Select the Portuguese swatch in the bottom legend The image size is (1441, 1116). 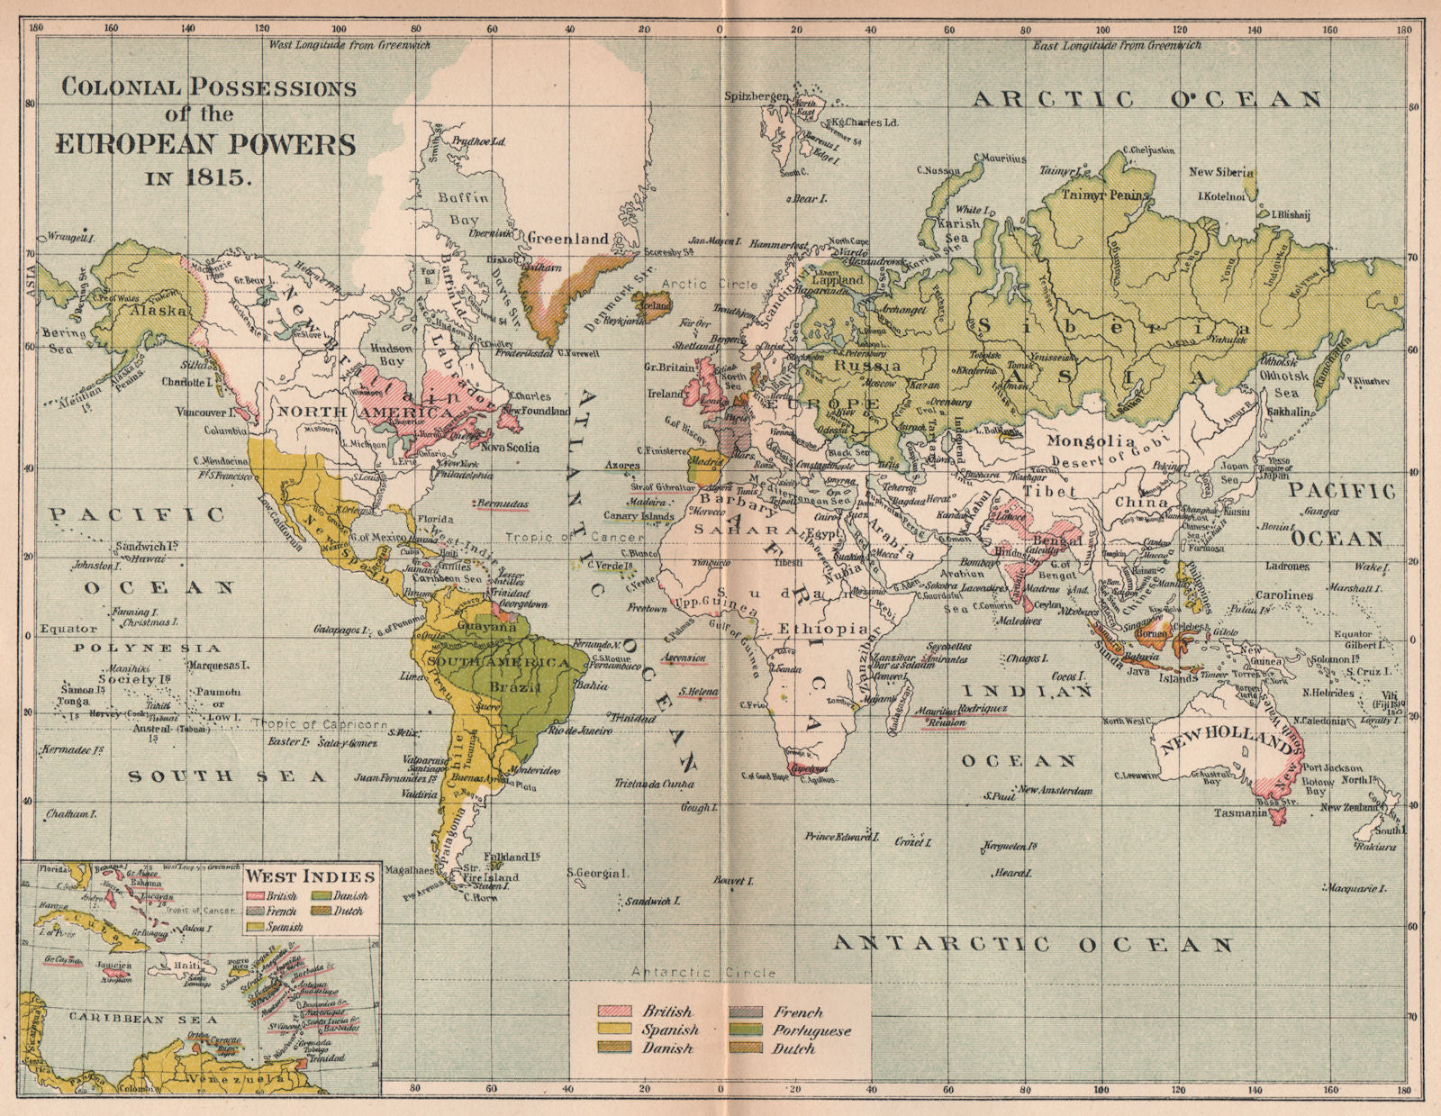[x=747, y=1030]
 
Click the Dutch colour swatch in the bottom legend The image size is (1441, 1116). [x=747, y=1048]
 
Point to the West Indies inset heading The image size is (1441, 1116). [x=311, y=876]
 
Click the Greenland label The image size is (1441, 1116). [x=568, y=239]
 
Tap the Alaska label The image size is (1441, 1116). [x=159, y=310]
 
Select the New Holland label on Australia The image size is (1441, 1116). [x=1226, y=741]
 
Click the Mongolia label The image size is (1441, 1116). [x=1091, y=441]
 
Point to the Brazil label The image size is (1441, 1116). [x=515, y=687]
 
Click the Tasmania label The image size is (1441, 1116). [x=1241, y=812]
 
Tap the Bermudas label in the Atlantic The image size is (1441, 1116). [x=503, y=504]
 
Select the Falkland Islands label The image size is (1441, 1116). [x=512, y=857]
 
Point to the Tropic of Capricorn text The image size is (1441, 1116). [x=320, y=723]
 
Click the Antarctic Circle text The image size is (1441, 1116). [x=702, y=973]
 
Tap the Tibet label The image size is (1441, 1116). [x=1048, y=492]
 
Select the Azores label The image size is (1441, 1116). [x=622, y=466]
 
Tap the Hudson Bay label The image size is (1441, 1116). [x=390, y=355]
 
